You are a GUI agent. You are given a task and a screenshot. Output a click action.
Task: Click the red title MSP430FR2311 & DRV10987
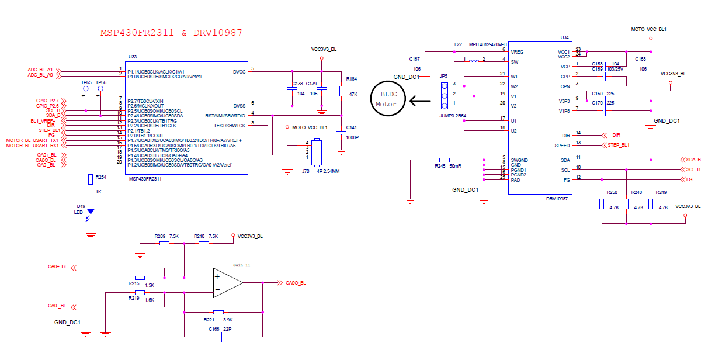(x=171, y=33)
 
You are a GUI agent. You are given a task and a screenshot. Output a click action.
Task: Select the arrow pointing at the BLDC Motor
(x=420, y=101)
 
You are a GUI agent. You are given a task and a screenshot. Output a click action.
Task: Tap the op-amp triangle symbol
(x=228, y=283)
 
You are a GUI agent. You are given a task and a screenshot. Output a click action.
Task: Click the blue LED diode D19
(x=91, y=212)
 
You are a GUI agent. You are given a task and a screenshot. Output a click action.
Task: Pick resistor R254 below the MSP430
(x=91, y=179)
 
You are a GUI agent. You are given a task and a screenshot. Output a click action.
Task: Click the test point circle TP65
(x=85, y=88)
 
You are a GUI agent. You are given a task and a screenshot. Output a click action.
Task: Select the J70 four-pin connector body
(x=317, y=153)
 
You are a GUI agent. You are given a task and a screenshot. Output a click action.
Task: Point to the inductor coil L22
(x=474, y=61)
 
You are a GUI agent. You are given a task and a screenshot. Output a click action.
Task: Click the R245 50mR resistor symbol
(x=445, y=160)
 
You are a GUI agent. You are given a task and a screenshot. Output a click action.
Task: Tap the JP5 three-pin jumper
(x=445, y=96)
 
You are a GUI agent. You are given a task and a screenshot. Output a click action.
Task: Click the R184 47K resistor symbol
(x=341, y=91)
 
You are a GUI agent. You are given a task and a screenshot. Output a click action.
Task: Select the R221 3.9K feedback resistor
(x=218, y=312)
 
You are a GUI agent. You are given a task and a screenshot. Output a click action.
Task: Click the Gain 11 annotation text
(x=242, y=265)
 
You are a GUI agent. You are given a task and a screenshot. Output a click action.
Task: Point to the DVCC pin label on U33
(x=240, y=72)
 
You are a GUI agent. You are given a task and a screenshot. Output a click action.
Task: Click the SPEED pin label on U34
(x=562, y=146)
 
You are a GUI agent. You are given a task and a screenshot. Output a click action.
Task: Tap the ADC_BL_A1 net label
(x=40, y=70)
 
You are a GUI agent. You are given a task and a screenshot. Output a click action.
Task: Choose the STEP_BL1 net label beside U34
(x=618, y=145)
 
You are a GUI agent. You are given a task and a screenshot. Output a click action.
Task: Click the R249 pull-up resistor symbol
(x=651, y=204)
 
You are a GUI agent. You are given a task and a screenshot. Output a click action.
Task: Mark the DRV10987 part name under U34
(x=557, y=199)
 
